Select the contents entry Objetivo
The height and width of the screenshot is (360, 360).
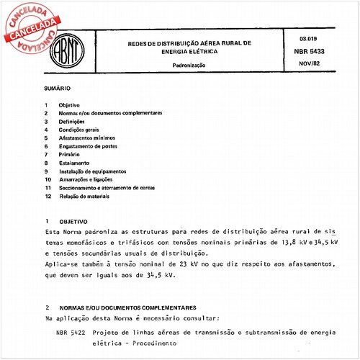[70, 105]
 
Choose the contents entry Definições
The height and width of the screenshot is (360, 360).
[72, 122]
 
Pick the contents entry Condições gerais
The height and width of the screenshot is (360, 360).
[79, 130]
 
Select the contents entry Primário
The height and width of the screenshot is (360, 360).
[70, 155]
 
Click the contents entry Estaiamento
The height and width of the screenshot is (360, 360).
[74, 163]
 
